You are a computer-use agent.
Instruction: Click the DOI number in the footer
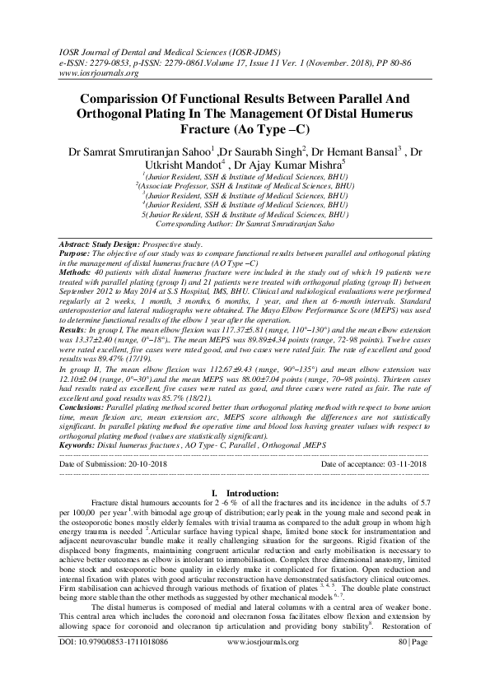121,685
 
